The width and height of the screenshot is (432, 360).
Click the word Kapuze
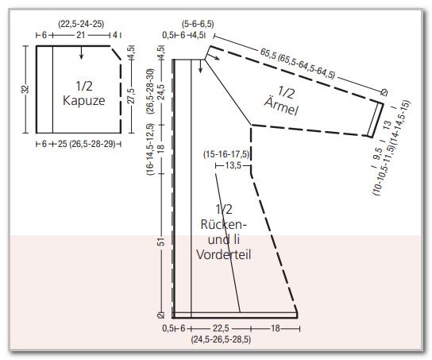coord(83,101)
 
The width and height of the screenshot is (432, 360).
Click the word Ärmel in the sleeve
coord(281,106)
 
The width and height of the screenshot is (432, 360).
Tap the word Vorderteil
coord(224,254)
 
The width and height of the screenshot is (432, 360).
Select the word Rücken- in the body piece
coord(223,224)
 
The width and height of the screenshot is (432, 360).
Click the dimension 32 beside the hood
coord(25,89)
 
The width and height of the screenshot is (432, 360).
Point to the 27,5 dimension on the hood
coord(131,95)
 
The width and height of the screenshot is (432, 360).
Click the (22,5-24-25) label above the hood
coord(81,24)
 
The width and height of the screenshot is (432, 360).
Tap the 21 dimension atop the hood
coord(80,35)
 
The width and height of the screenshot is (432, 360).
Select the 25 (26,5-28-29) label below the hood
coord(87,144)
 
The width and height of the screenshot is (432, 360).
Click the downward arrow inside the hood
coord(81,52)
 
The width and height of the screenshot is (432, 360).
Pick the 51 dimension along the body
coord(161,242)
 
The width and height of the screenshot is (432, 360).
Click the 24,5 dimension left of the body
coord(161,92)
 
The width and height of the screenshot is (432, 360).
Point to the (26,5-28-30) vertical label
coord(151,91)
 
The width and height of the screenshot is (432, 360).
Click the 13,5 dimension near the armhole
coord(233,165)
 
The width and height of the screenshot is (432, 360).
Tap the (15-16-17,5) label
coord(226,154)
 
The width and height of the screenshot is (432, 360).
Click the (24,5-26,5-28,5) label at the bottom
coord(221,339)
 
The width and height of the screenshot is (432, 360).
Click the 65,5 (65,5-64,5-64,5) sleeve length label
coord(298,64)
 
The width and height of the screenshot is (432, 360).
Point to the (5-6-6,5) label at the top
coord(198,24)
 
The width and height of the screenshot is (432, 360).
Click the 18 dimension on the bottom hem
coord(276,328)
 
